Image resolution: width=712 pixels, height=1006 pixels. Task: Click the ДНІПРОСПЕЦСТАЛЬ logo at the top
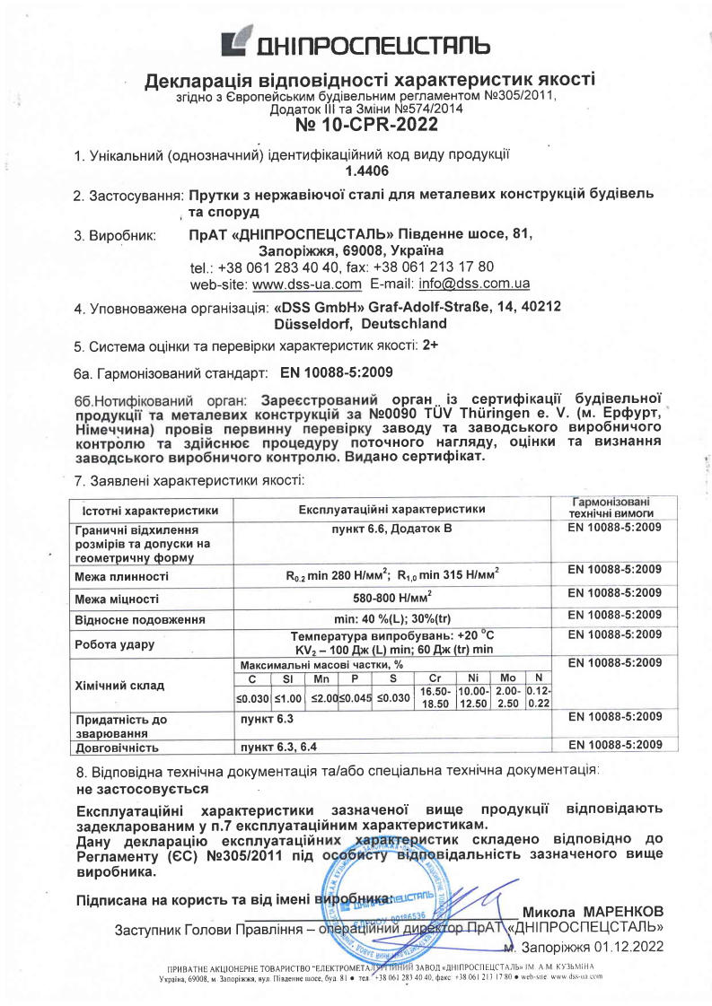pyautogui.click(x=356, y=42)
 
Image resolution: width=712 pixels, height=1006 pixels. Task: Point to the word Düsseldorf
pyautogui.click(x=310, y=323)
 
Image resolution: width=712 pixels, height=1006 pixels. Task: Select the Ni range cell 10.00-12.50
pyautogui.click(x=472, y=698)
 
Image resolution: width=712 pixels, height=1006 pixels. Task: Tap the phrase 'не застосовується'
pyautogui.click(x=142, y=789)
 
